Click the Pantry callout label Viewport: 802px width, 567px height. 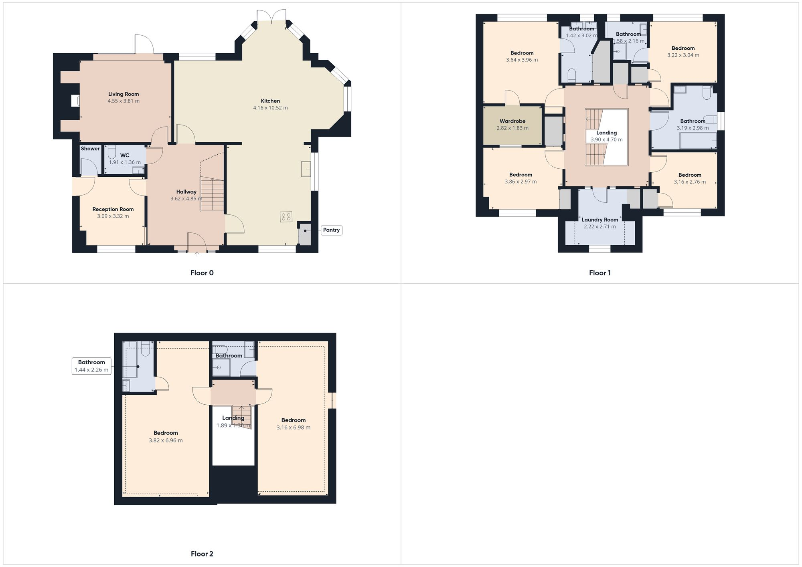[331, 230]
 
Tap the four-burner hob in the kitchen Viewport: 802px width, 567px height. [286, 217]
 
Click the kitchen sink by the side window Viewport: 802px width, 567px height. [306, 169]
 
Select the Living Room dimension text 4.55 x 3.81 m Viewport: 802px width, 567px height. [124, 101]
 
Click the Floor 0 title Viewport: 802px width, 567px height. [202, 273]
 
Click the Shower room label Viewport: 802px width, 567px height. [90, 149]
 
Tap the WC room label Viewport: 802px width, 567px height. [125, 155]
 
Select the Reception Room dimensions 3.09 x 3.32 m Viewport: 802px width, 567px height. [113, 216]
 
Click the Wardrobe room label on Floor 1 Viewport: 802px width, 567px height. [512, 121]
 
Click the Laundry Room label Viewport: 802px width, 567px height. [600, 220]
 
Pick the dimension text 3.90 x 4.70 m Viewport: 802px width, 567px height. [606, 140]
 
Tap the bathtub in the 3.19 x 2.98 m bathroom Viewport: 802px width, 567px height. [698, 141]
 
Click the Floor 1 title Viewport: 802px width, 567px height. [599, 273]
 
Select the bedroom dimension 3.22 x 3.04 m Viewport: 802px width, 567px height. [683, 55]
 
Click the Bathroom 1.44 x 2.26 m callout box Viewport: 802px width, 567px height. [91, 366]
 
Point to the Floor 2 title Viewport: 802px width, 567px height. [202, 554]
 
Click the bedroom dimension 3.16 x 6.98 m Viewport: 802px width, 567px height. [293, 428]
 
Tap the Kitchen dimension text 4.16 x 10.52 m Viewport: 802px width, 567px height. [270, 108]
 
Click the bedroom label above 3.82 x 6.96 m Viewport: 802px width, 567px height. [166, 433]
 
